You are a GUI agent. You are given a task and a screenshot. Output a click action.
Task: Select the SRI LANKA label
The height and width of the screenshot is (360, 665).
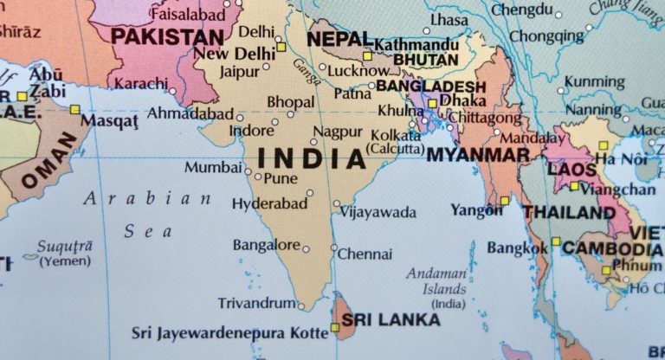point(391,319)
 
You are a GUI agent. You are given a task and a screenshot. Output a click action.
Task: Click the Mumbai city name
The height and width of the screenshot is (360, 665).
point(212,167)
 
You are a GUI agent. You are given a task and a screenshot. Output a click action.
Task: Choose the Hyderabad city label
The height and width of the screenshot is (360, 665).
point(269,203)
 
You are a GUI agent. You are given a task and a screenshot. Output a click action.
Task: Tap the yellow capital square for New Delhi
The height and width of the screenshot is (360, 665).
point(281,46)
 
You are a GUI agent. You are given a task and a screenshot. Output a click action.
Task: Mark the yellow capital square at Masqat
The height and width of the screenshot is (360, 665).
point(74,109)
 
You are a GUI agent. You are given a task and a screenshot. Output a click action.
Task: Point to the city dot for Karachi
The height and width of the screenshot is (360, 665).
point(172,90)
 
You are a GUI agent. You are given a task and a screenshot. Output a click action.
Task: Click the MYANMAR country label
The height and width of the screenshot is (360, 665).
point(478,155)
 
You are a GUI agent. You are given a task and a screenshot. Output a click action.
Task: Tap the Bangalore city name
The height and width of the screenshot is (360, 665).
point(266,244)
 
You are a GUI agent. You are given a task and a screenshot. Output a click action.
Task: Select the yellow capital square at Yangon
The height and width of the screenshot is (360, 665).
point(504,201)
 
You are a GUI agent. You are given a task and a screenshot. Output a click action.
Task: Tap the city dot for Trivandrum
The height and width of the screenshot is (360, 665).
point(300,305)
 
